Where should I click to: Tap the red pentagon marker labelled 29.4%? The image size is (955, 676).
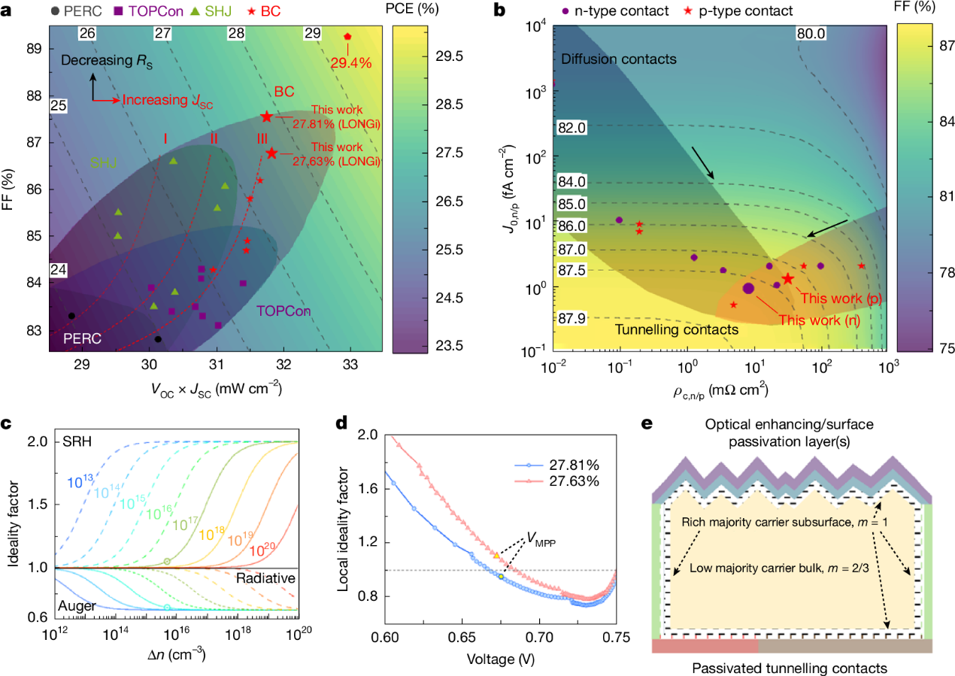pos(347,36)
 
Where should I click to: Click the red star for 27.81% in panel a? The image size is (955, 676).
pos(266,117)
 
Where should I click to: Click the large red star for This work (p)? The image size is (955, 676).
pos(787,278)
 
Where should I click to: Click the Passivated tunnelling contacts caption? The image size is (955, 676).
pos(791,668)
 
